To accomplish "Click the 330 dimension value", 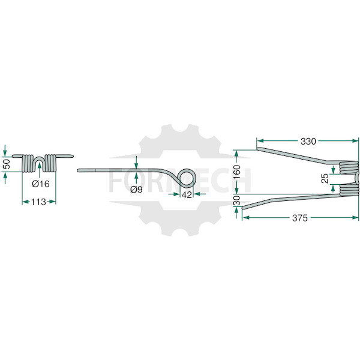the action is point(308,142).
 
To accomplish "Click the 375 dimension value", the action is point(300,218).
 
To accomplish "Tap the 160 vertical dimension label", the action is point(236,172).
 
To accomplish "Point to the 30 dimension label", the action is point(236,200).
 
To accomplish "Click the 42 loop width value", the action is point(187,195).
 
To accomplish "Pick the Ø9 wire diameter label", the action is point(136,190).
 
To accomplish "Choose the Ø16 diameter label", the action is point(41,184).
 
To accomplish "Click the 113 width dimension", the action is point(38,202).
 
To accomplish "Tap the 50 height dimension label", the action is point(7,164).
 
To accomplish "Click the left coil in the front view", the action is point(28,163).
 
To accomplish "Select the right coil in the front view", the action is point(50,163).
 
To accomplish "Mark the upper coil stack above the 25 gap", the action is point(349,167).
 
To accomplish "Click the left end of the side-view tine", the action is point(78,170).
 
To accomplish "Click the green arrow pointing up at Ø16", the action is point(40,170).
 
